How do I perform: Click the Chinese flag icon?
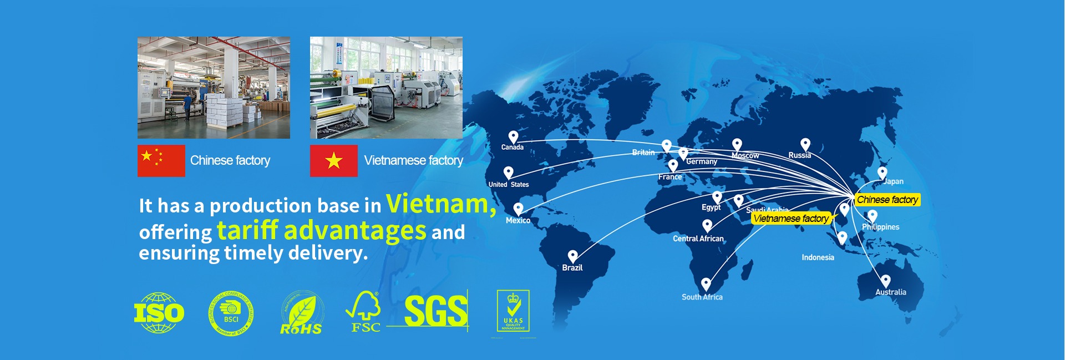161,161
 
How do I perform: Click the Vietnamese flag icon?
333,161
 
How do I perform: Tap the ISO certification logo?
159,312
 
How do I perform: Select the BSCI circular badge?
231,314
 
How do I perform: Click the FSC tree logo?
364,312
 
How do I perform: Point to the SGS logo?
435,311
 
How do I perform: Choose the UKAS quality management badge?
513,311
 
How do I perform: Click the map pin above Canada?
513,136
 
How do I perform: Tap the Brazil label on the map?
572,267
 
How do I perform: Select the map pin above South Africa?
706,284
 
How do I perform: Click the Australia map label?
890,292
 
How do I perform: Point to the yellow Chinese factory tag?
887,200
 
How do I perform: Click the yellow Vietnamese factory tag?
790,219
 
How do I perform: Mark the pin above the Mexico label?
518,209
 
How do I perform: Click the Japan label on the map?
894,181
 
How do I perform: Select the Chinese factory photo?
214,88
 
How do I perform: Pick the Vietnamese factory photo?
386,88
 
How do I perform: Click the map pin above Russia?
805,144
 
